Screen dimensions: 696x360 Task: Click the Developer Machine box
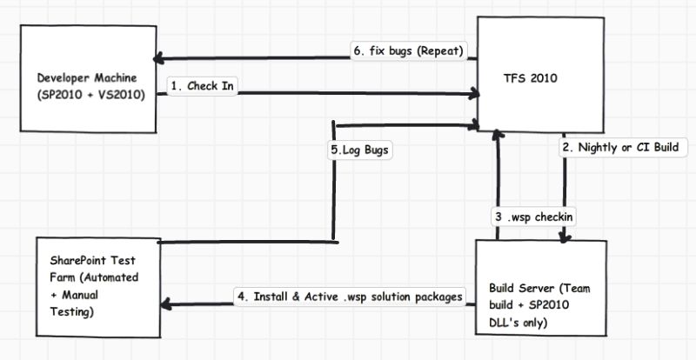click(89, 78)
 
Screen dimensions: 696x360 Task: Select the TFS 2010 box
click(540, 75)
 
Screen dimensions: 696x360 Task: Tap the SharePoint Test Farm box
click(98, 287)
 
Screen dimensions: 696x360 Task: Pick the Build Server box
click(541, 288)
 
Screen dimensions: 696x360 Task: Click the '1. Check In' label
click(202, 86)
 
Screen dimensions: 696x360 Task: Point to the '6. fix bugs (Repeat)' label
click(408, 50)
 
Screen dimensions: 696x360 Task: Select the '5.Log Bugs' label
click(359, 150)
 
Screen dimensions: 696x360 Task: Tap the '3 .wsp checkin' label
click(534, 217)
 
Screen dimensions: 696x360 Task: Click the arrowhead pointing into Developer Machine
click(158, 59)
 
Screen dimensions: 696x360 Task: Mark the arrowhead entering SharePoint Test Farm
click(165, 304)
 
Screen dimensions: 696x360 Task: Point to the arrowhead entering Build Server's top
click(565, 237)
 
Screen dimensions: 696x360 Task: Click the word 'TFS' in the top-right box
click(514, 78)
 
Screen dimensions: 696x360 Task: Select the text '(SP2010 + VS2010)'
click(91, 95)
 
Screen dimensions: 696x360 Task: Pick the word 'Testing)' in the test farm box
click(72, 312)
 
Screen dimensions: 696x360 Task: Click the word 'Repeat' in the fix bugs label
click(439, 50)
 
